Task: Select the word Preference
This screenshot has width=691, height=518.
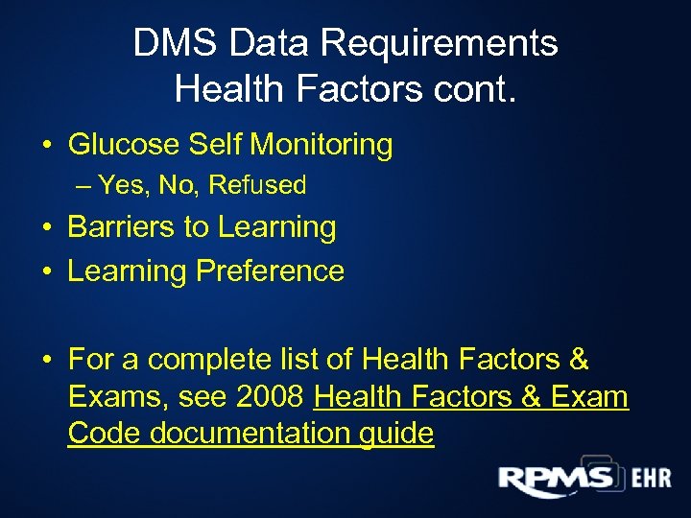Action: tap(270, 271)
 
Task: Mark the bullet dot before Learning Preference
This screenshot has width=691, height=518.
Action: tap(46, 272)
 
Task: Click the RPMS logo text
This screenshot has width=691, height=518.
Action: tap(556, 479)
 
